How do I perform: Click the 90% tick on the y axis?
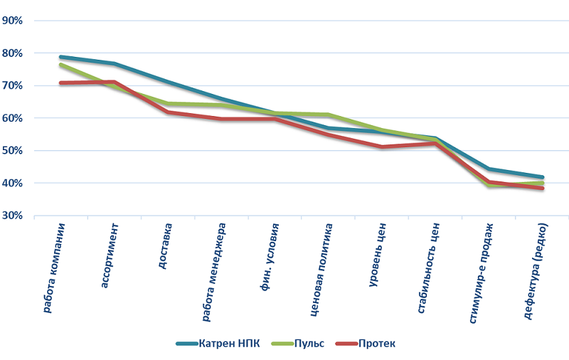tap(14, 21)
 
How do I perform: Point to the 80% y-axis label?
tap(14, 53)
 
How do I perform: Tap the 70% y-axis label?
tap(14, 86)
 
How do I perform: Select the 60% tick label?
tap(14, 118)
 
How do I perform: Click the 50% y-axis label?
tap(14, 151)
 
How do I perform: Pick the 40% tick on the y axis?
tap(14, 184)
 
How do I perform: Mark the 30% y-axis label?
tap(14, 216)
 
